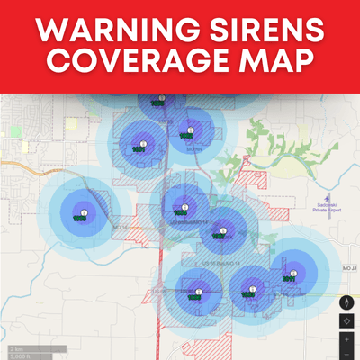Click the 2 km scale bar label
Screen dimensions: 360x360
[x=15, y=347]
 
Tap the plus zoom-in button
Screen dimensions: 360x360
[x=348, y=339]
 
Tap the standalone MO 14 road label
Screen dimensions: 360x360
[x=120, y=228]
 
